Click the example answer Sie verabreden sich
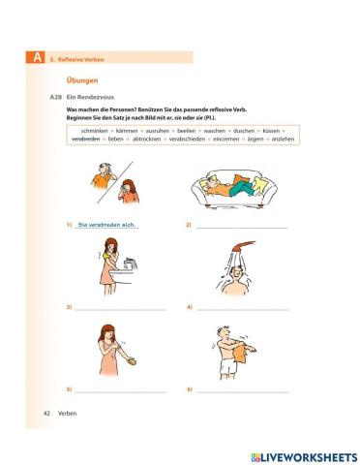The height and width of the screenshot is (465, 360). coord(106,225)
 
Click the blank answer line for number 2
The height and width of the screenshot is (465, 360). coord(242,228)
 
